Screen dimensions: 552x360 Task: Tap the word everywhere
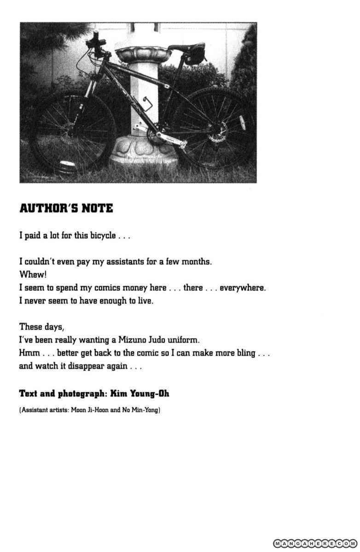coord(242,288)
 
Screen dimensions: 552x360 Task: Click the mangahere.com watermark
coord(315,543)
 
